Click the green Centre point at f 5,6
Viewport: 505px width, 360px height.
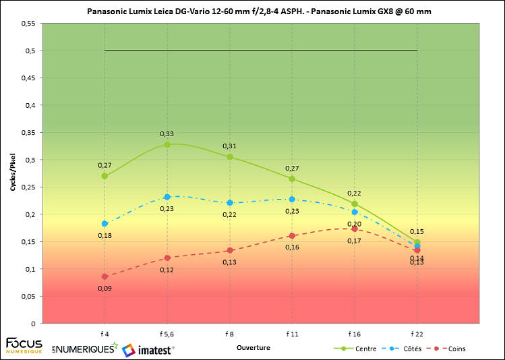[x=167, y=144]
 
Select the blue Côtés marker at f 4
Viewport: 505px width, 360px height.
[x=105, y=223]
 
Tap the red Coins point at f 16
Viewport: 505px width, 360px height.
[x=355, y=229]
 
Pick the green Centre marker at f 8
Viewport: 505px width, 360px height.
[x=230, y=156]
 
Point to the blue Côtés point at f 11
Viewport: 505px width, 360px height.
[x=292, y=199]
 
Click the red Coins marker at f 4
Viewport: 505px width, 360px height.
[x=105, y=276]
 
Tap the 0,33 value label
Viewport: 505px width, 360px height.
[x=167, y=133]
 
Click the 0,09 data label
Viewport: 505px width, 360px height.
[x=105, y=288]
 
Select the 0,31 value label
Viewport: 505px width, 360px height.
[x=230, y=146]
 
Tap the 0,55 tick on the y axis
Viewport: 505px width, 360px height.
[x=28, y=23]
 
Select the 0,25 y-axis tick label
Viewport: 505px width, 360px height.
[x=28, y=187]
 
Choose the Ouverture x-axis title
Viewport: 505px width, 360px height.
[x=254, y=348]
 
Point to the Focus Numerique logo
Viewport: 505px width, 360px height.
[x=24, y=346]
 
